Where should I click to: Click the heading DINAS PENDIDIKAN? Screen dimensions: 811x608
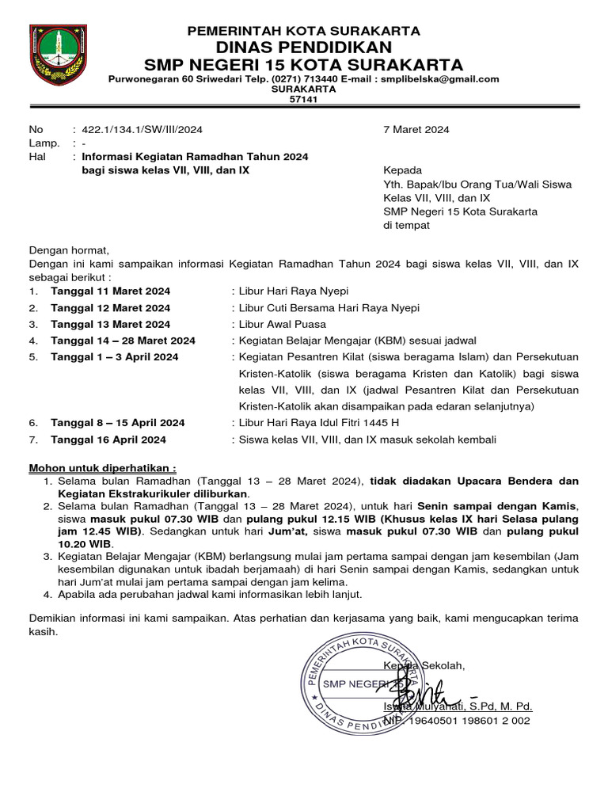[x=303, y=47]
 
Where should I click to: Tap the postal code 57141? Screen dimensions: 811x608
[x=303, y=100]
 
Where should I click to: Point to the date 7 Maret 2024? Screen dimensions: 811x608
[x=416, y=129]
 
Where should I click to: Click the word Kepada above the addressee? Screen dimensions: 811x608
[x=402, y=170]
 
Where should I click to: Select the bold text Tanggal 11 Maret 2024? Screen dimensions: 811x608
[x=110, y=291]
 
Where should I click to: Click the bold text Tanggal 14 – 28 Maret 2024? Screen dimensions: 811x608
[x=123, y=341]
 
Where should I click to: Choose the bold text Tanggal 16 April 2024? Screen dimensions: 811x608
[x=108, y=440]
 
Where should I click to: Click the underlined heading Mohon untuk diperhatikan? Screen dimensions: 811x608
[x=103, y=467]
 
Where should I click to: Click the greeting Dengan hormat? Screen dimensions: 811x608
[x=69, y=251]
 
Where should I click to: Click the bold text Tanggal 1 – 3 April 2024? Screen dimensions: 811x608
[x=115, y=357]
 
